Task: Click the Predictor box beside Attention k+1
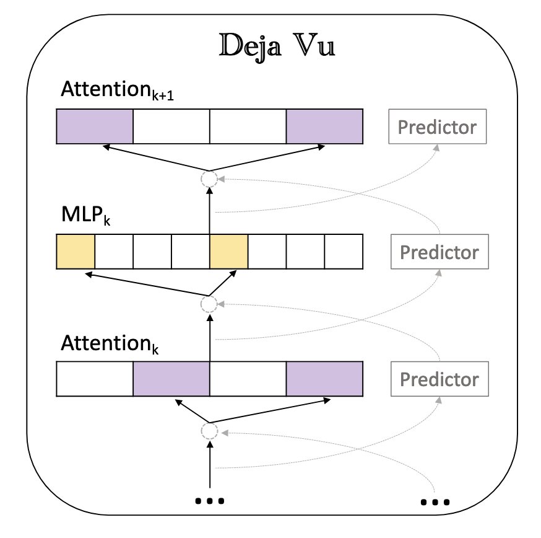437,127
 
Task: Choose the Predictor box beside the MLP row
439,252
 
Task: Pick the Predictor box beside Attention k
439,379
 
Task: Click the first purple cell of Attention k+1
95,127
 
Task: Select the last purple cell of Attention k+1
324,127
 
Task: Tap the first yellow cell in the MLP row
76,252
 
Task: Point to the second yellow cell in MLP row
229,252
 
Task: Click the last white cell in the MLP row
344,252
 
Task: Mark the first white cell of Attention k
95,379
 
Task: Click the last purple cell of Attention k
324,379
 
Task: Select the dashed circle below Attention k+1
209,179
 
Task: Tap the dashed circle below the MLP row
209,304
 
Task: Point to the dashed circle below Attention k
209,431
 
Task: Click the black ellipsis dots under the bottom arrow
209,500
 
